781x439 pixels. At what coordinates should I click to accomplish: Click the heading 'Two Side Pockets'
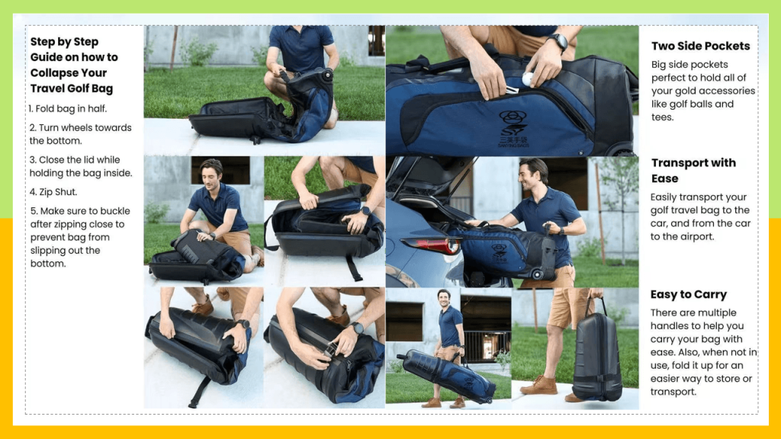[700, 46]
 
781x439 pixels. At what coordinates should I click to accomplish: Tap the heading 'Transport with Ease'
[693, 170]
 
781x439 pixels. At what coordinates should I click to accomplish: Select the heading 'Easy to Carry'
[688, 294]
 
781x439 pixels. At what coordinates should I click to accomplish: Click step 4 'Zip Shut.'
[53, 192]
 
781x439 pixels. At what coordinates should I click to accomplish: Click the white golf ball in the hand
[527, 78]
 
